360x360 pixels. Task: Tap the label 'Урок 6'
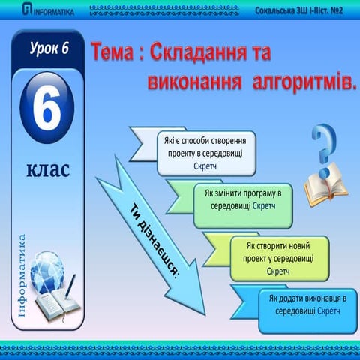[x=49, y=49]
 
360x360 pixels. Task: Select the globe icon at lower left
[x=49, y=273]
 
